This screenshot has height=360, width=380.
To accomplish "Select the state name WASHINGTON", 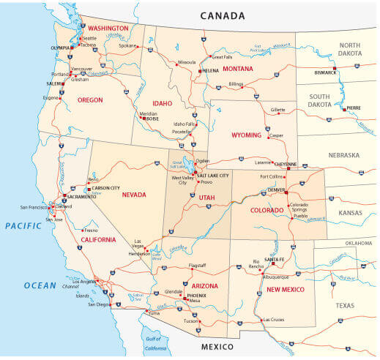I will coord(109,29).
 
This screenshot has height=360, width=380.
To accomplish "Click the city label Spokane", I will coord(127,45).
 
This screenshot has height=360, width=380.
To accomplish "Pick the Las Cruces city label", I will coord(274,320).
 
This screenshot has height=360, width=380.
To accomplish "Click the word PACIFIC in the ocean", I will coord(24,226).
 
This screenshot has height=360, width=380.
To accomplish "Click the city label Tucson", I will coord(190,320).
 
